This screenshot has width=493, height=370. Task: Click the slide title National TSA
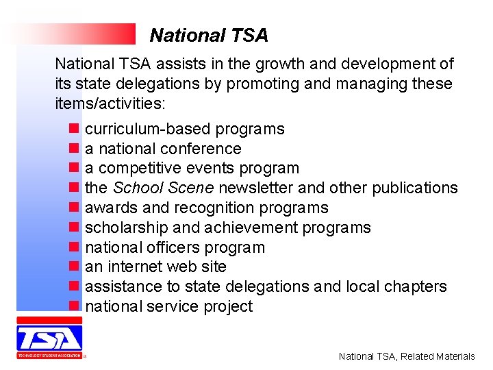pos(209,35)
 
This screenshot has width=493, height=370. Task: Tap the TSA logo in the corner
pos(49,338)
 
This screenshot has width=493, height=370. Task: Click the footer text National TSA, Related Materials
pos(407,356)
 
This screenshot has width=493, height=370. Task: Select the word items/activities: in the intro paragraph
pos(110,103)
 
